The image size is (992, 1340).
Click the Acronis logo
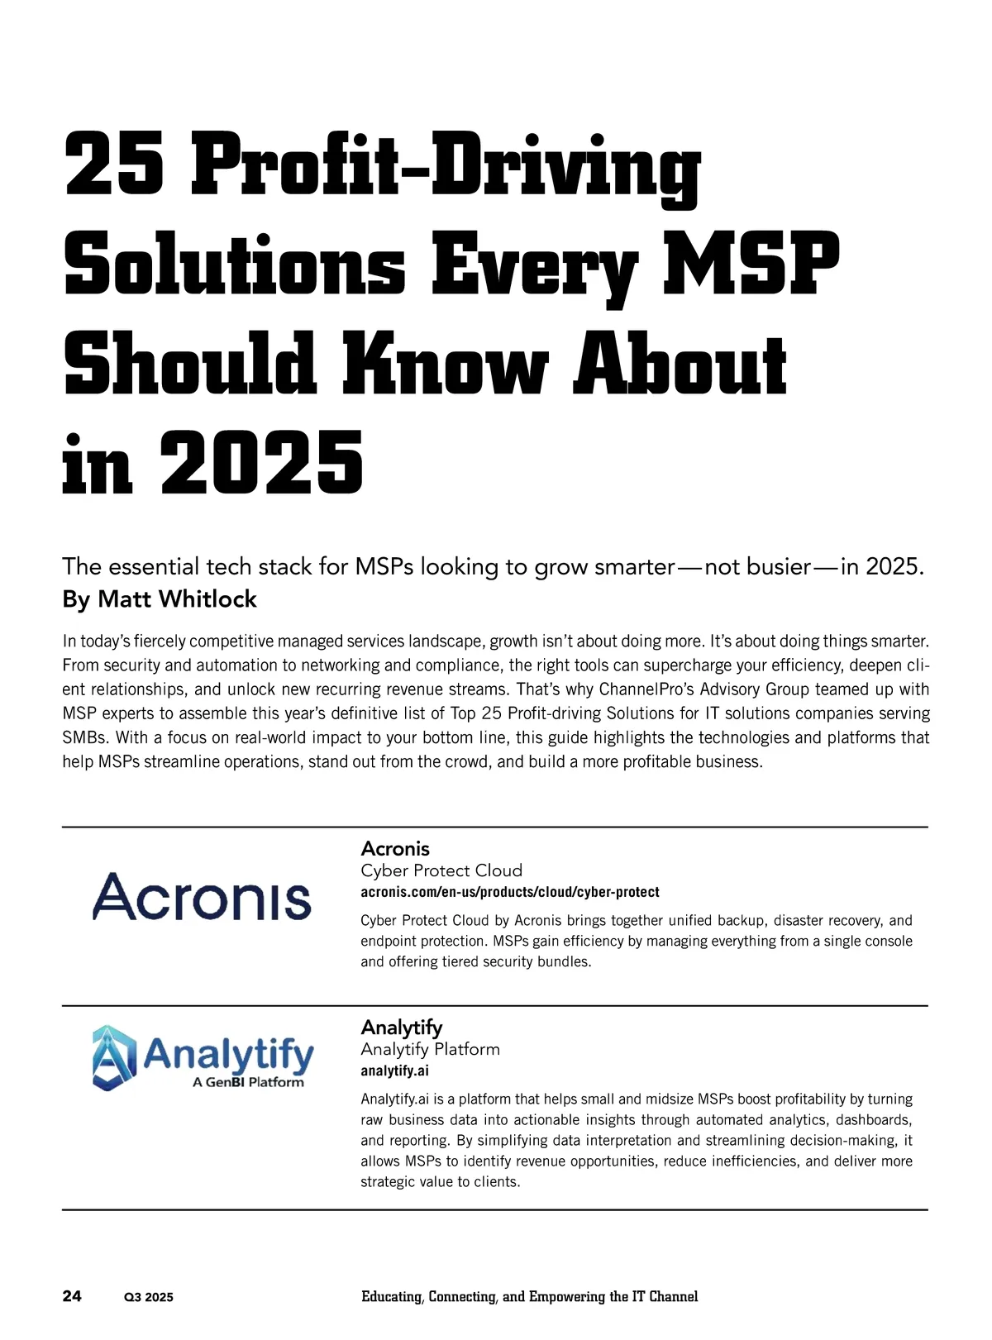click(202, 897)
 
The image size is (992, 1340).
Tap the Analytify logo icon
click(114, 1057)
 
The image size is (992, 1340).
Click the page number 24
click(72, 1295)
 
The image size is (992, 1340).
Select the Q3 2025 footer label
click(149, 1297)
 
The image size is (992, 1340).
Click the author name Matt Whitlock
click(177, 598)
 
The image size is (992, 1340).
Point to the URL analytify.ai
click(394, 1071)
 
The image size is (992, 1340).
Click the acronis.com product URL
click(510, 892)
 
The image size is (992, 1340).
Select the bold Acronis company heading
click(395, 848)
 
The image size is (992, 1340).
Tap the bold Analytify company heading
click(402, 1027)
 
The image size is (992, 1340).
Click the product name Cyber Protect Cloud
click(441, 870)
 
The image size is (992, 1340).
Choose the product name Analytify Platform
click(430, 1048)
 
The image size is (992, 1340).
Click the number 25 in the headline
click(114, 165)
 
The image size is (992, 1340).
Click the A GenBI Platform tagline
click(248, 1082)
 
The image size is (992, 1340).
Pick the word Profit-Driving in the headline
click(446, 165)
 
